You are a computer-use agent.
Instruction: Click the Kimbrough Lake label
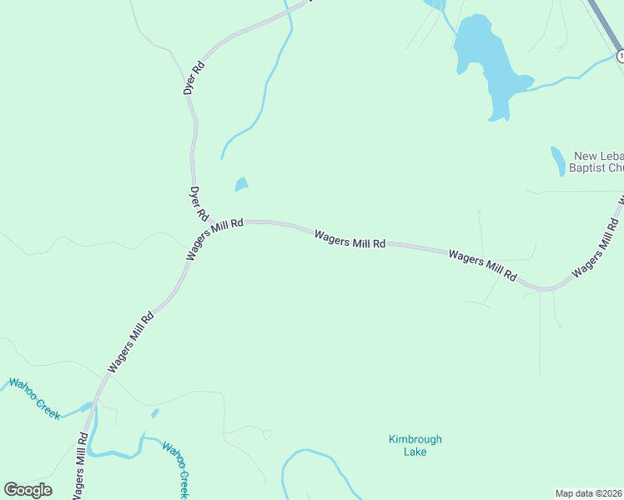(415, 445)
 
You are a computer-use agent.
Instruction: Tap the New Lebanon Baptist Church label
(596, 162)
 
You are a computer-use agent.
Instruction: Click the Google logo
(28, 490)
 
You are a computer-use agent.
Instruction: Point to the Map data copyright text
(589, 493)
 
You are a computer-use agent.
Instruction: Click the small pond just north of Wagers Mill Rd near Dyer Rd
(242, 184)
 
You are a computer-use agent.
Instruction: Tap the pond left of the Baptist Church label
(558, 161)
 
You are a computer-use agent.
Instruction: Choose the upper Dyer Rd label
(194, 77)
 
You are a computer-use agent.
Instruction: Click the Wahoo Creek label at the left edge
(34, 398)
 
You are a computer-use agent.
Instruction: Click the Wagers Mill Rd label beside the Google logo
(80, 466)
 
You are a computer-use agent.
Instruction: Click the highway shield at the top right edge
(620, 56)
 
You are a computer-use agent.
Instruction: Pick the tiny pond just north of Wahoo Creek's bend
(154, 412)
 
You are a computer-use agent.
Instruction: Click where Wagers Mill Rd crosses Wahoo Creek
(94, 405)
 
